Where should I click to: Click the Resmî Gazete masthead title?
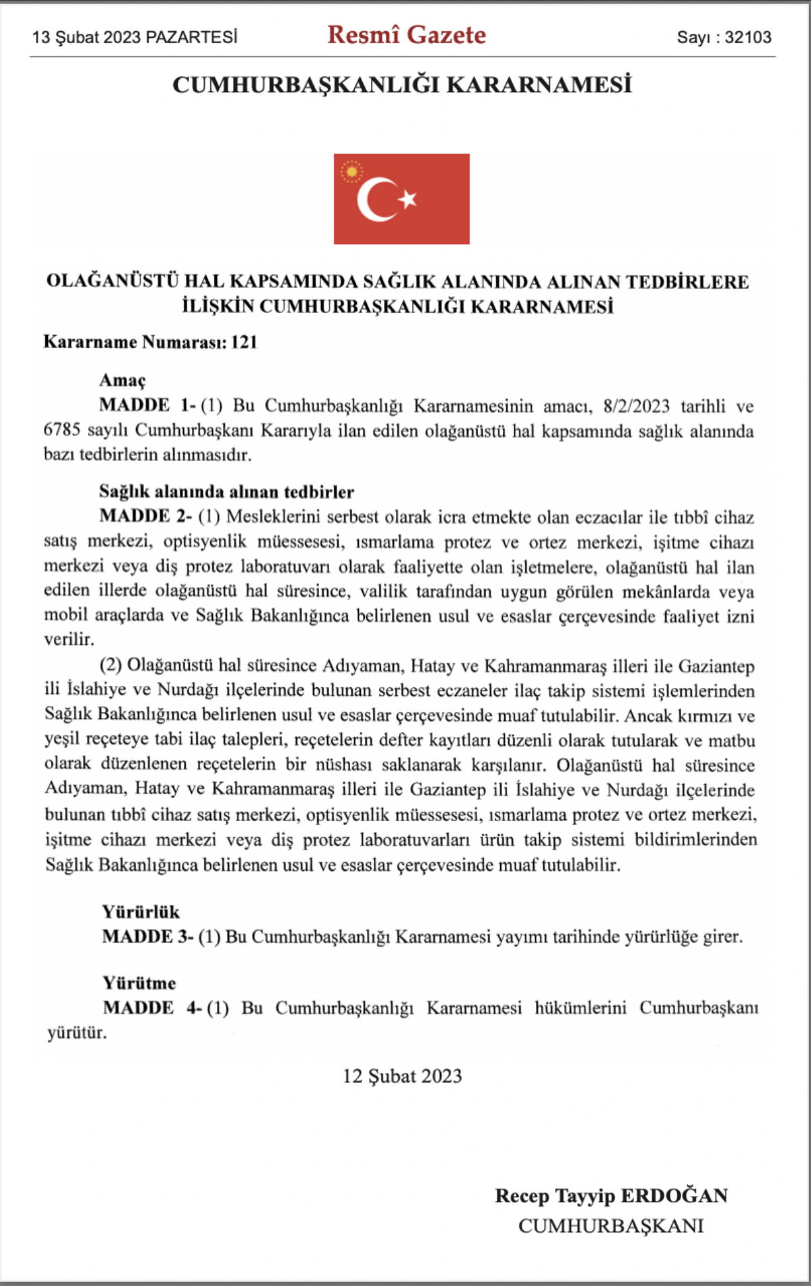[x=406, y=35]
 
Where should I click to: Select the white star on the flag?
[x=408, y=199]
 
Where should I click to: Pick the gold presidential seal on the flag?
[x=351, y=172]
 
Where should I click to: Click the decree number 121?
[x=244, y=342]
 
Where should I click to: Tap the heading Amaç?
[x=122, y=380]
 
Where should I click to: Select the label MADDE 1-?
[x=147, y=405]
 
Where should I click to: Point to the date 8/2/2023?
[x=636, y=406]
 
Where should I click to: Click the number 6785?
[x=62, y=430]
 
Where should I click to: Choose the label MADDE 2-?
[x=145, y=516]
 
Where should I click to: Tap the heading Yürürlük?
[x=141, y=912]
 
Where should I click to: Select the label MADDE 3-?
[x=147, y=937]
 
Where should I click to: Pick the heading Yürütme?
[x=139, y=983]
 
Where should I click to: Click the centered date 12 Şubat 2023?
[x=402, y=1076]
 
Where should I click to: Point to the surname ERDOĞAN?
[x=674, y=1195]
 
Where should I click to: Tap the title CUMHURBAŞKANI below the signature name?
[x=611, y=1225]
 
